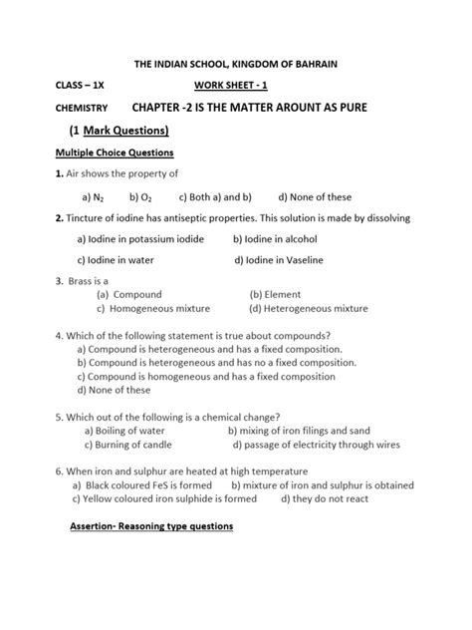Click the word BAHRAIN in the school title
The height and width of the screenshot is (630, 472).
click(310, 63)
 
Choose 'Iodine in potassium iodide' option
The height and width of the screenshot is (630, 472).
click(140, 239)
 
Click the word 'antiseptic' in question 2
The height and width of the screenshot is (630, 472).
click(226, 217)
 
